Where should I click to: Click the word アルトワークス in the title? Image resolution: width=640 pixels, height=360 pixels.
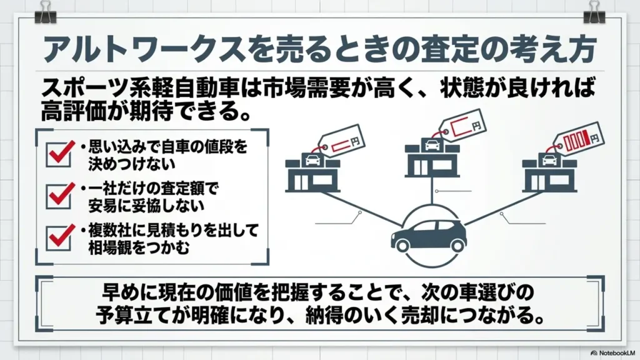(x=144, y=49)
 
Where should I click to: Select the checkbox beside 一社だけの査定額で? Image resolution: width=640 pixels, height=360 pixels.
(x=58, y=196)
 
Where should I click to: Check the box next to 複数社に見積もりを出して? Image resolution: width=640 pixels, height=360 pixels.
(x=58, y=238)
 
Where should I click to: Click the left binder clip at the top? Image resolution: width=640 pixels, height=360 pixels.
(x=45, y=12)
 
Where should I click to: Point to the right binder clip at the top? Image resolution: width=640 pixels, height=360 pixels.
(x=594, y=12)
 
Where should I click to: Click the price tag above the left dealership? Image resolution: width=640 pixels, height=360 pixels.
(x=341, y=140)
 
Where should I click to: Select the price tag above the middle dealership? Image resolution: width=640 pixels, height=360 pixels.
(x=462, y=124)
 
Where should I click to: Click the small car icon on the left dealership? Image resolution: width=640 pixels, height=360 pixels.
(x=312, y=160)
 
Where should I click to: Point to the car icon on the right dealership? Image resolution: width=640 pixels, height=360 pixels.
(x=549, y=160)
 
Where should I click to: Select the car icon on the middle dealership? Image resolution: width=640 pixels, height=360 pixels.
(x=432, y=144)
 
